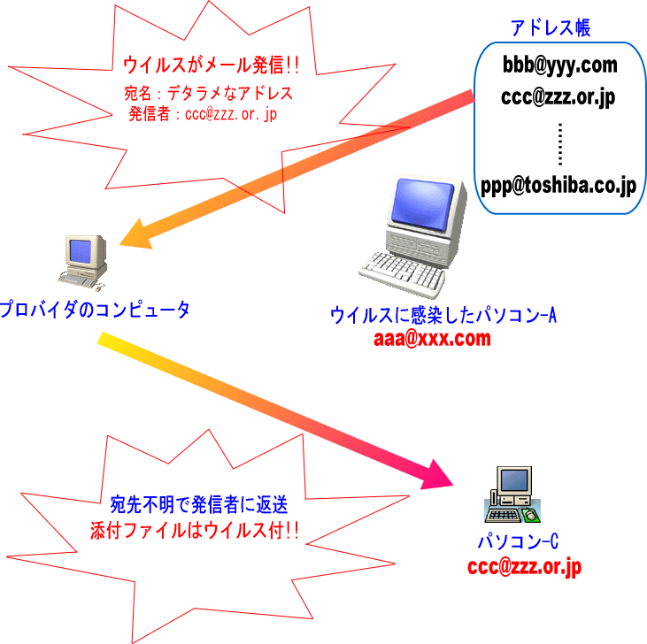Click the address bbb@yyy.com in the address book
click(559, 65)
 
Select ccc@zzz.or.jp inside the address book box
click(559, 98)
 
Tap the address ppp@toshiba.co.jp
click(559, 186)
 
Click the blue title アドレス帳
click(551, 27)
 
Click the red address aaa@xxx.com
click(433, 338)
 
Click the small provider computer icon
click(83, 262)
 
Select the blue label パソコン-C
click(518, 542)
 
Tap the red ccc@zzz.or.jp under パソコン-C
click(524, 567)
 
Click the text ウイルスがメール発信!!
click(211, 64)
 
